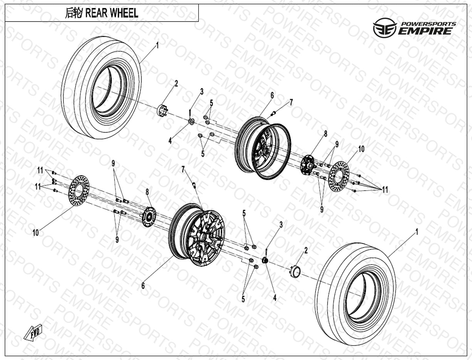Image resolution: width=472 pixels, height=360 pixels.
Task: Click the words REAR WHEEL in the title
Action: [111, 13]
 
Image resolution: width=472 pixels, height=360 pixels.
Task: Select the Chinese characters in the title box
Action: [74, 13]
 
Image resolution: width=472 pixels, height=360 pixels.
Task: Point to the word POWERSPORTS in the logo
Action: [428, 24]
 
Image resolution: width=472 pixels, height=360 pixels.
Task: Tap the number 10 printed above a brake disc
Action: [361, 149]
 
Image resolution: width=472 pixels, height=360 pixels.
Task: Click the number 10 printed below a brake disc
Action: [36, 233]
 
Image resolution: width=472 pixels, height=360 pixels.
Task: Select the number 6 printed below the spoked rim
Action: [143, 286]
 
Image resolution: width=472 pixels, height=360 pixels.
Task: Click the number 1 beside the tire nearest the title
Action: [157, 45]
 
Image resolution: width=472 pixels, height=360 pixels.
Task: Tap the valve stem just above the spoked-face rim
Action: [195, 185]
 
